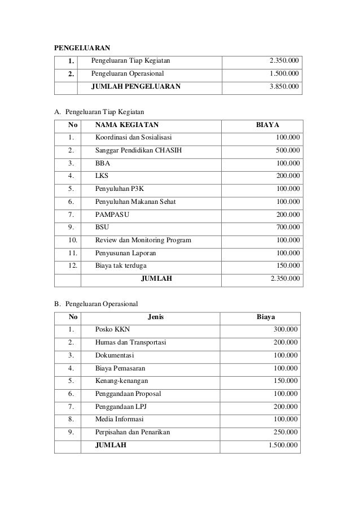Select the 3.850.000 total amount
(285, 87)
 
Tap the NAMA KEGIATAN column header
(127, 124)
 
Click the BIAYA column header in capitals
(268, 124)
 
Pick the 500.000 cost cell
(288, 150)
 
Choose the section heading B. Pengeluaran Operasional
(96, 304)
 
